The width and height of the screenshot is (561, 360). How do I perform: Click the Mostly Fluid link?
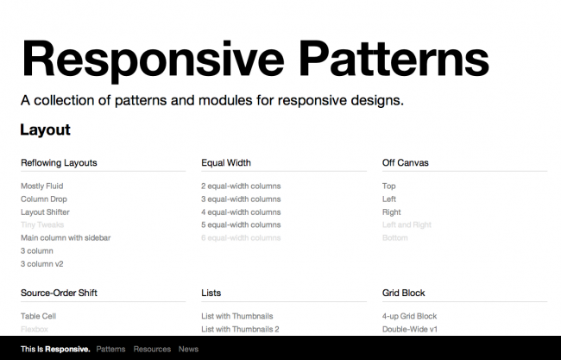[x=41, y=186]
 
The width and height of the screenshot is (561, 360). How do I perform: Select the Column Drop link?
[x=43, y=199]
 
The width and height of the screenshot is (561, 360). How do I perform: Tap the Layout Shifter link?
[x=45, y=212]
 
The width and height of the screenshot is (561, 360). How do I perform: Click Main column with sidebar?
[x=66, y=237]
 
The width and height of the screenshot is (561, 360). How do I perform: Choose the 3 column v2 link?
[x=41, y=263]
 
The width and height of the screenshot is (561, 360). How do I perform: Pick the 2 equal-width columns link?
[x=241, y=186]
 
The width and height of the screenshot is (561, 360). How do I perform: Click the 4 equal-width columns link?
[x=241, y=212]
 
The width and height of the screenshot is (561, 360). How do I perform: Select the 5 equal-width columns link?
[x=241, y=224]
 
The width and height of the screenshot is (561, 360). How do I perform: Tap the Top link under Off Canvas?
[x=389, y=186]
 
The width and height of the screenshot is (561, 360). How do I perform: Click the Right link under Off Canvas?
[x=391, y=212]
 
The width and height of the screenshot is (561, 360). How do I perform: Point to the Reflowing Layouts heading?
[x=59, y=162]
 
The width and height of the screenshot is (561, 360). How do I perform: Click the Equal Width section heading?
[x=226, y=162]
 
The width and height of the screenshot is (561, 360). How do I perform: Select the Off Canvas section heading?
[x=406, y=162]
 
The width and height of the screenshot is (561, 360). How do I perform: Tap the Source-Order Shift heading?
[x=59, y=293]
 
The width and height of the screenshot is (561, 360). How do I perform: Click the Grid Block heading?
[x=404, y=293]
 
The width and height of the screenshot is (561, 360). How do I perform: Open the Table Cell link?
[x=38, y=316]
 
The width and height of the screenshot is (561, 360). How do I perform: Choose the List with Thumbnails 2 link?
[x=240, y=329]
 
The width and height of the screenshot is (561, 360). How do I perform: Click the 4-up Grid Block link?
[x=409, y=316]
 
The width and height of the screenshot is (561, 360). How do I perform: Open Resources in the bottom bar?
[x=152, y=349]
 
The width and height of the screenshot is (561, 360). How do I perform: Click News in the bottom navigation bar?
[x=188, y=349]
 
